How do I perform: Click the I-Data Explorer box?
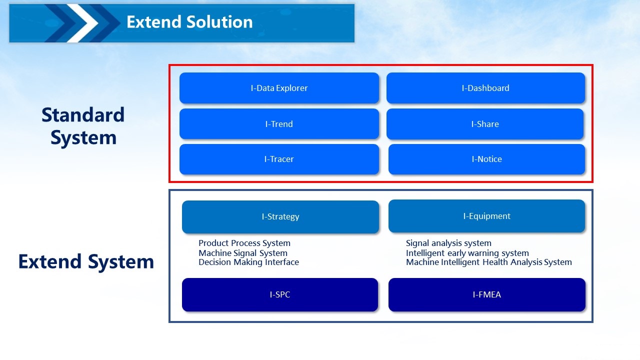[x=279, y=88]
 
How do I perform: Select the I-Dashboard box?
[x=485, y=88]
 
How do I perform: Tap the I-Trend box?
[x=279, y=123]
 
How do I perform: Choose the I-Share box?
[x=485, y=124]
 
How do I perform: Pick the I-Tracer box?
[x=279, y=159]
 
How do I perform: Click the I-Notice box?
[x=486, y=159]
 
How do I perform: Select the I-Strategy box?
[x=280, y=217]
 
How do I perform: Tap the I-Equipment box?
[x=486, y=216]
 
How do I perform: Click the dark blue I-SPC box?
[x=280, y=294]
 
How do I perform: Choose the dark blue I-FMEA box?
[x=487, y=294]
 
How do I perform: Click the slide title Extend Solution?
[x=189, y=22]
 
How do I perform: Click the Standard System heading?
[x=83, y=126]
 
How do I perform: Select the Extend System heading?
[x=86, y=261]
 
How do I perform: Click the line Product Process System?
[x=244, y=243]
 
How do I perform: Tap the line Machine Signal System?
[x=243, y=253]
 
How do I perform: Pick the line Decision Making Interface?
[x=248, y=262]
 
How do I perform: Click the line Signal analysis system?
[x=448, y=243]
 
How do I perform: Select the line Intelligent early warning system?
[x=467, y=253]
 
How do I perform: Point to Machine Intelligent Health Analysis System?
[x=489, y=262]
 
